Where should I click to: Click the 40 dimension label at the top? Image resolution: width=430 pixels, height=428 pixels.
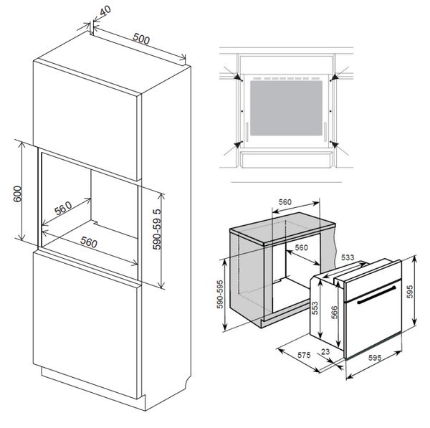pyautogui.click(x=105, y=12)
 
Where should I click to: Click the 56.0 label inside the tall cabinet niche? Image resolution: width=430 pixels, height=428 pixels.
pyautogui.click(x=63, y=209)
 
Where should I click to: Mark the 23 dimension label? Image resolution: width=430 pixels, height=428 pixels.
pyautogui.click(x=326, y=352)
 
